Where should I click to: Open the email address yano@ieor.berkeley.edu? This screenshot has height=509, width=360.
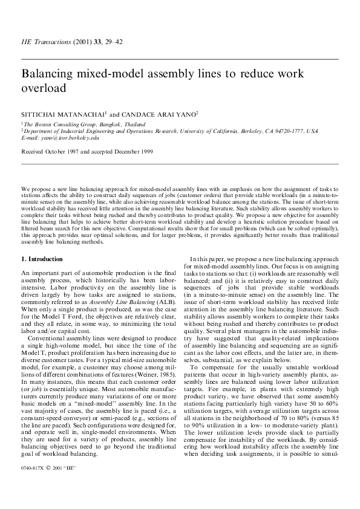[67, 137]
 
